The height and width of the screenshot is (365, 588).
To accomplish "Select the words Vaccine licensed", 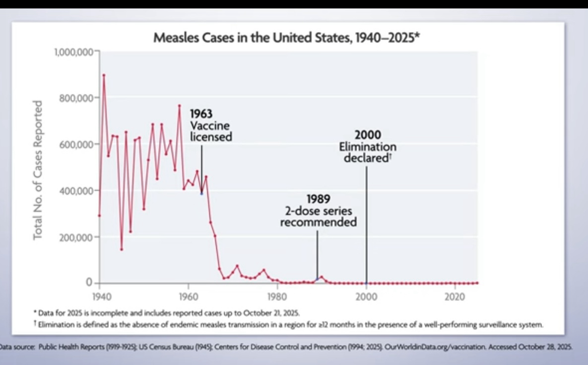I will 211,132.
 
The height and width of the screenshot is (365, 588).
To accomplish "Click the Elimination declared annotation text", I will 368,152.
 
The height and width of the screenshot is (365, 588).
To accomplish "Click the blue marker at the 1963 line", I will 201,193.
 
